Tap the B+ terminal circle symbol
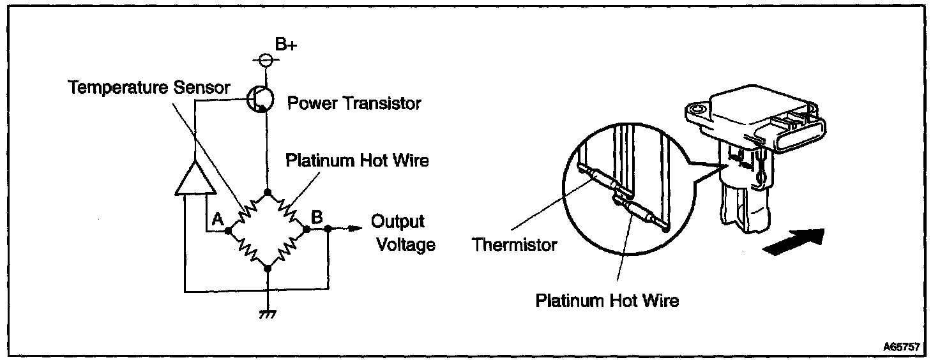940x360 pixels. (268, 60)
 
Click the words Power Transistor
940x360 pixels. (354, 103)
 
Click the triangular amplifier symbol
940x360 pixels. (194, 177)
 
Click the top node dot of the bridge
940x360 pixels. (268, 191)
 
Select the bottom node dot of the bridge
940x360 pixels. (268, 268)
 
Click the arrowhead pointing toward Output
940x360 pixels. (351, 229)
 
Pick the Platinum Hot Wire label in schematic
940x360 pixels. (356, 160)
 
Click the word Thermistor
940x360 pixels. (514, 244)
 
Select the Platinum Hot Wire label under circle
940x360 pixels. (607, 300)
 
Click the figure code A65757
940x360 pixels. (901, 347)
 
